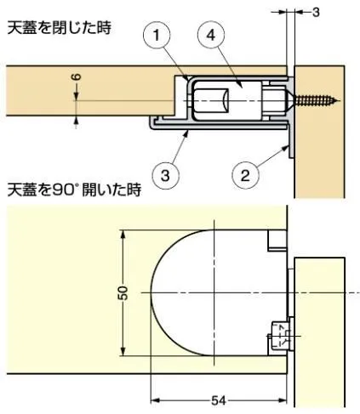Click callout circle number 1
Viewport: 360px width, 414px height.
(x=157, y=36)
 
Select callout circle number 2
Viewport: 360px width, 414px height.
(x=245, y=175)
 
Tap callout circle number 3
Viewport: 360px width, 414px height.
(x=165, y=175)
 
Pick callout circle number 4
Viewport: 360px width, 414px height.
(x=210, y=36)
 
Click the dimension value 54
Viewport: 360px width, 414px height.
(x=219, y=401)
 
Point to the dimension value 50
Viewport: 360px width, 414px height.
(x=123, y=292)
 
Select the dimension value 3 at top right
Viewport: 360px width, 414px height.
(x=316, y=12)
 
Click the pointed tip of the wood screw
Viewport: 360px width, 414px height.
(x=339, y=100)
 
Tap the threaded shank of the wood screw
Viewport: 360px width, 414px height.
(x=315, y=100)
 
